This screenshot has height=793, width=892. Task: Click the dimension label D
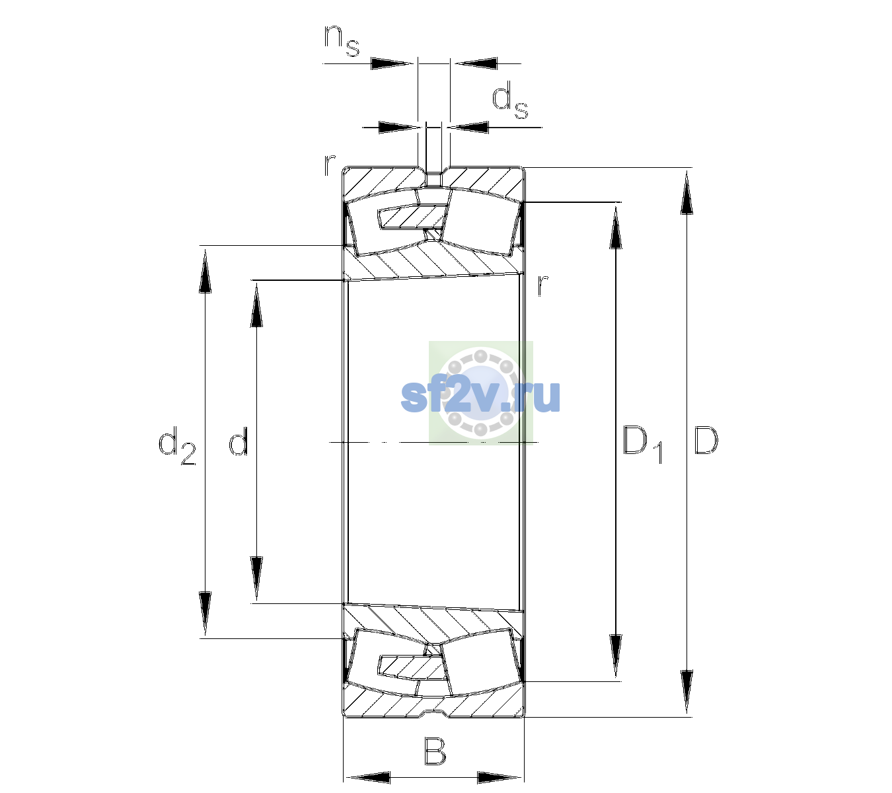tap(706, 440)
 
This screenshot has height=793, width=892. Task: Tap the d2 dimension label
tap(177, 445)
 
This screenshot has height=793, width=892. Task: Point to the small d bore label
tap(239, 440)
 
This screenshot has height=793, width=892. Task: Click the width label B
tap(435, 751)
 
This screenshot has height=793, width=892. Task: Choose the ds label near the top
tap(510, 103)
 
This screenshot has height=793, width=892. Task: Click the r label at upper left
tap(330, 165)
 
